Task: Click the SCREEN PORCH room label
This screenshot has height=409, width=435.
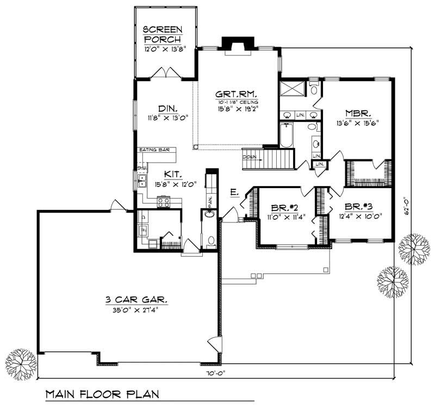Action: pyautogui.click(x=162, y=34)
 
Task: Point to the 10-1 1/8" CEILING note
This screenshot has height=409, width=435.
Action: pyautogui.click(x=236, y=102)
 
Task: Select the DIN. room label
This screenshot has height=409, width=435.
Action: pyautogui.click(x=165, y=108)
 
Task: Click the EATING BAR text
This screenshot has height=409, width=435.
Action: pyautogui.click(x=152, y=150)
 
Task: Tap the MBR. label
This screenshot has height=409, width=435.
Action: pyautogui.click(x=358, y=114)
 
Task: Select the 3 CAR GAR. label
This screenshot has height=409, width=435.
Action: pyautogui.click(x=129, y=300)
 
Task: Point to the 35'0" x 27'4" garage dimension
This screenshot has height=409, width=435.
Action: pyautogui.click(x=129, y=309)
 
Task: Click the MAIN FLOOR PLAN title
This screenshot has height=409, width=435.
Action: pyautogui.click(x=101, y=393)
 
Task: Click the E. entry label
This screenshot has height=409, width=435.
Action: pyautogui.click(x=233, y=193)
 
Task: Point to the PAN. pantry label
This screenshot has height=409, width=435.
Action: pyautogui.click(x=209, y=201)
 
